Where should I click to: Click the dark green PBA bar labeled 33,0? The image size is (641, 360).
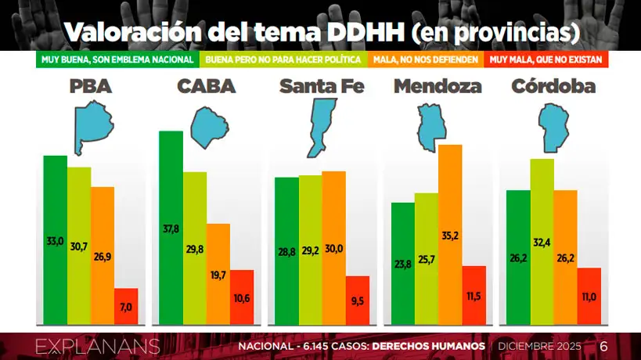(55, 239)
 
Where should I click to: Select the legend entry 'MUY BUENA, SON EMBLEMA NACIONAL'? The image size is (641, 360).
(118, 59)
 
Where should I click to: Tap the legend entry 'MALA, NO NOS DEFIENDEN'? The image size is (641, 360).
(427, 59)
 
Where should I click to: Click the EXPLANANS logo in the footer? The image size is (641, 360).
(98, 346)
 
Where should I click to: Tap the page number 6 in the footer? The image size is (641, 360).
(603, 346)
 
